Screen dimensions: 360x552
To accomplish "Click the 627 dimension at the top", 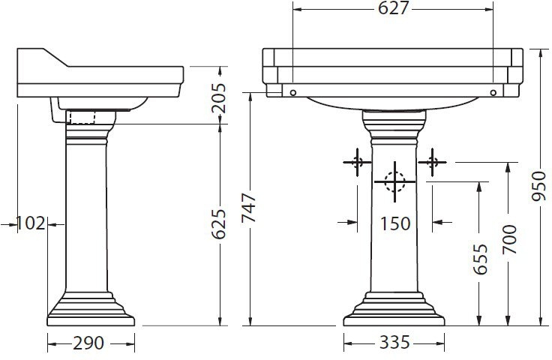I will [392, 9].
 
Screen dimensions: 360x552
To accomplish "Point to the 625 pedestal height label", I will [220, 223].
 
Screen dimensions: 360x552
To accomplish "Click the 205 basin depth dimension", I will [220, 96].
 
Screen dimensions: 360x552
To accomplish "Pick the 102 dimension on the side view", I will [31, 223].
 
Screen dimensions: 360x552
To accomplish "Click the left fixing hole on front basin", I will [293, 92].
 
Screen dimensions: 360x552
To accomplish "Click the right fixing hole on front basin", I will [493, 92].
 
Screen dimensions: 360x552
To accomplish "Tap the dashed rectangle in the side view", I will [82, 117].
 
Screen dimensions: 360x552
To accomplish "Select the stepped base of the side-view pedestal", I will [91, 311].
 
